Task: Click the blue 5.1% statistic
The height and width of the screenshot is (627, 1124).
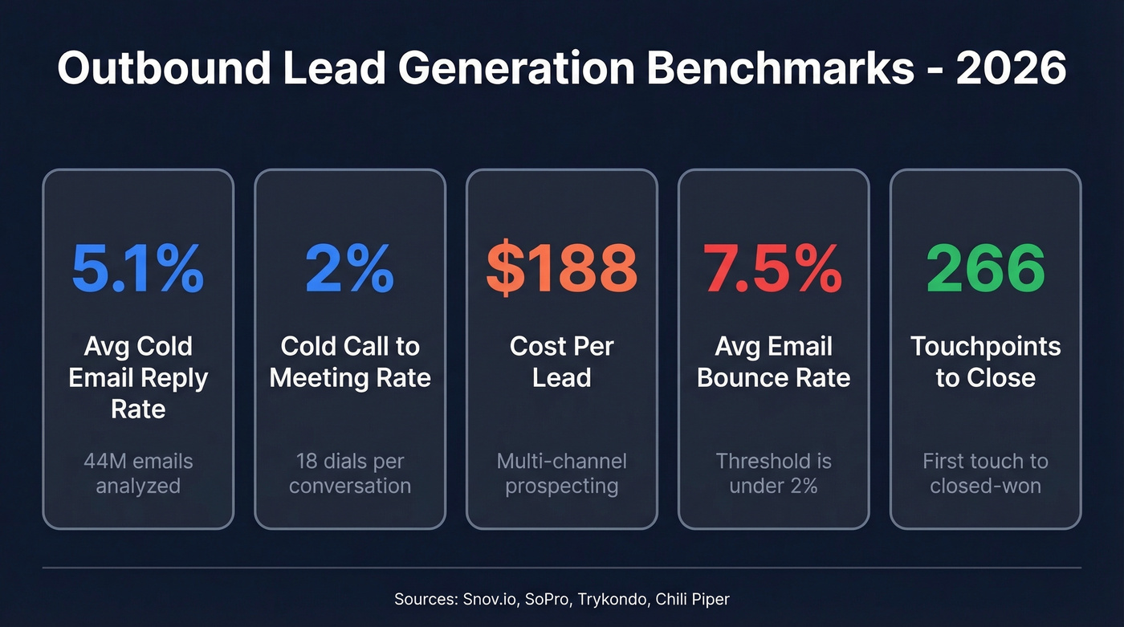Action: (137, 268)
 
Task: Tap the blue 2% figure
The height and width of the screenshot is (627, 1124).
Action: (349, 268)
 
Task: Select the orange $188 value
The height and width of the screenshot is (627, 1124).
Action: (561, 268)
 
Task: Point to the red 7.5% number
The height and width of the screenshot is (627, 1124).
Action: (773, 268)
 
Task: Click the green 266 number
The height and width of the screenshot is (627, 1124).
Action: (985, 268)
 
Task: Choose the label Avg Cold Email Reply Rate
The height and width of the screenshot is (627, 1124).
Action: (137, 377)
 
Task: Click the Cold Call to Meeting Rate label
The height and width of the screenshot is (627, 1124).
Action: (349, 362)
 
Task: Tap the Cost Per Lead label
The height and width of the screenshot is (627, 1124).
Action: (561, 362)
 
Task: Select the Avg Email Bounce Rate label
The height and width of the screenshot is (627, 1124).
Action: (773, 362)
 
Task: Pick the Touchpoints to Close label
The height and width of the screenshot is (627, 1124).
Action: (985, 362)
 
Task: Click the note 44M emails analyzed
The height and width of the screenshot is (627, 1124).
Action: (137, 474)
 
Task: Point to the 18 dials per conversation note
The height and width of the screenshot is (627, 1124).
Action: (349, 474)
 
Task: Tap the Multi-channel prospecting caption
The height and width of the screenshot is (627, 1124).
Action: (561, 474)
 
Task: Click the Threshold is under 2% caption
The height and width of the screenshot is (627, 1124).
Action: (773, 474)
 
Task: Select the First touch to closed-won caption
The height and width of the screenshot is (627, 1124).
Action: (985, 474)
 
